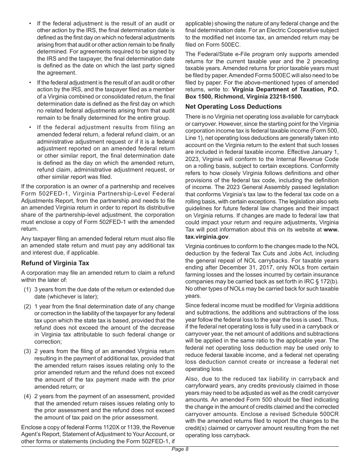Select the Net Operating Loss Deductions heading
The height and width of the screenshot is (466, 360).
pos(233,106)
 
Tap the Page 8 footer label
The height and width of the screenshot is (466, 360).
pos(180,449)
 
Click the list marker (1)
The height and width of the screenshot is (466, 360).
pos(27,289)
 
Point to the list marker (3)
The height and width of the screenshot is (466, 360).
pos(27,351)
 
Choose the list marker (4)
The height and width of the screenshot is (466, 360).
pos(27,396)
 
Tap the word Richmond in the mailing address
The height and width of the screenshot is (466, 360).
pos(233,97)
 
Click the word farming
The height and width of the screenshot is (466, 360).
pos(196,274)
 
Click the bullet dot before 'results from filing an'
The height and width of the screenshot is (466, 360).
pos(30,127)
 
